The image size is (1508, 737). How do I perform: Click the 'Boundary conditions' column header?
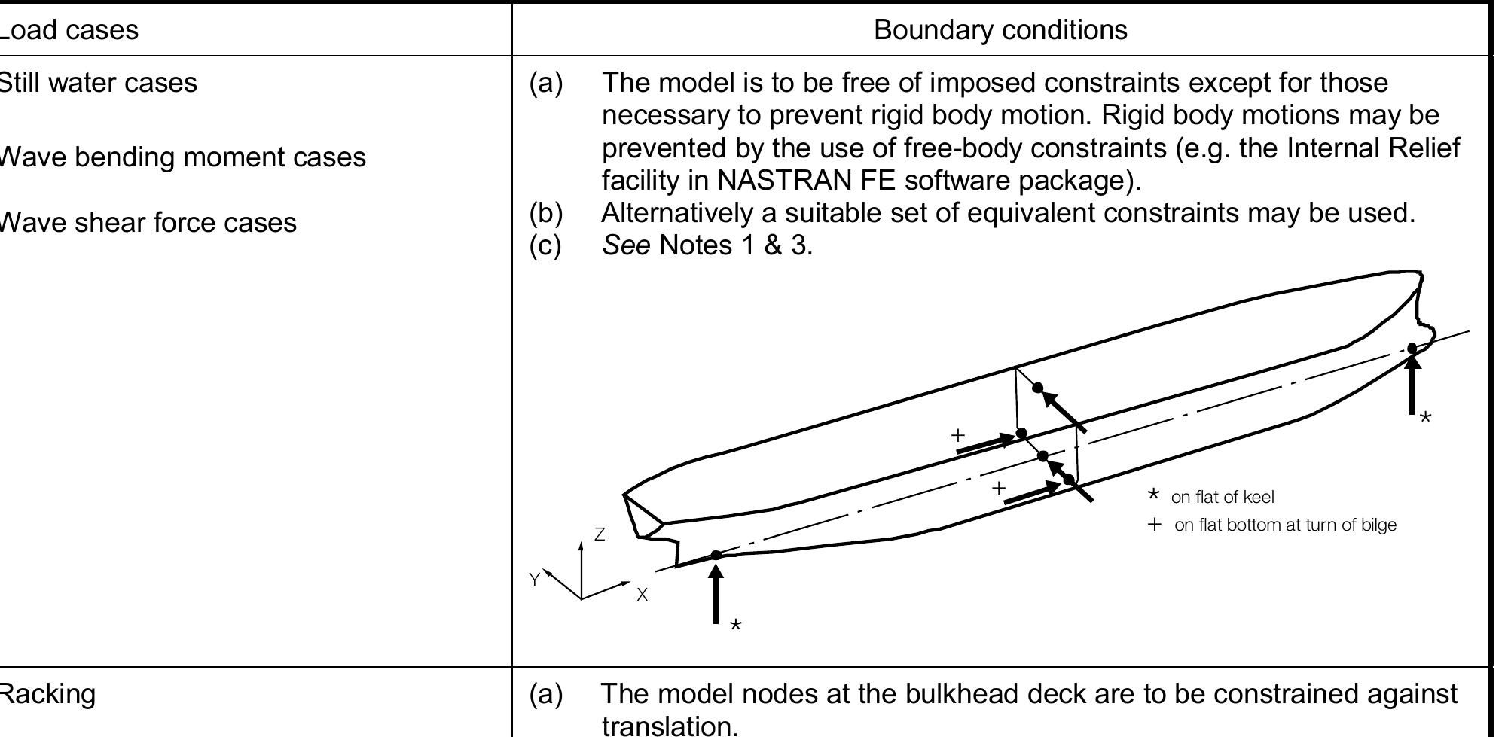(1000, 30)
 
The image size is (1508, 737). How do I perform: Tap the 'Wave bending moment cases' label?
(181, 157)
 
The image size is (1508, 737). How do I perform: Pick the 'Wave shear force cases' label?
(146, 222)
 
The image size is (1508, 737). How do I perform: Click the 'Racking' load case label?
(47, 693)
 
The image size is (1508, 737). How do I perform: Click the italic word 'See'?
(626, 245)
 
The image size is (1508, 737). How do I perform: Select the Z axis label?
(600, 534)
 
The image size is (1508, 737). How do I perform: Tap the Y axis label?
(534, 579)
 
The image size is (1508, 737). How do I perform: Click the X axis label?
(642, 595)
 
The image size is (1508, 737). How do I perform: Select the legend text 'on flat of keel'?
(1223, 497)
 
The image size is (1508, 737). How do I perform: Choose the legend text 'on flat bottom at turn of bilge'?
(1285, 525)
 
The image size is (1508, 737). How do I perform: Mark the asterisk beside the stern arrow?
(736, 626)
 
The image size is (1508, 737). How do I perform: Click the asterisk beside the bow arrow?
(1425, 417)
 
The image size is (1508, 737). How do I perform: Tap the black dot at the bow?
(1412, 348)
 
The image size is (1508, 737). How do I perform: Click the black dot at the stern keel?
(716, 556)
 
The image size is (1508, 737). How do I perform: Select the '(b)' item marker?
(546, 213)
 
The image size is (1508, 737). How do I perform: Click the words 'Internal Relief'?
(1373, 148)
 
